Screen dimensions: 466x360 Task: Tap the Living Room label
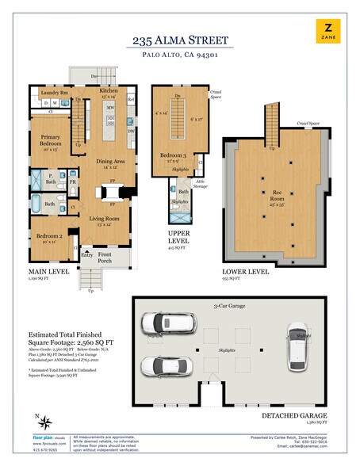(x=103, y=218)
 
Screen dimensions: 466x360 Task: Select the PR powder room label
(x=73, y=181)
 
